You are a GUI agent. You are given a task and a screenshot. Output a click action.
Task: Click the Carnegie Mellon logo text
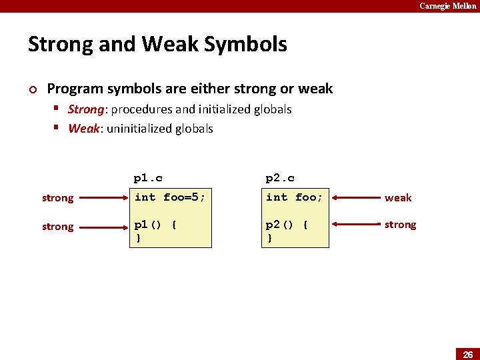click(x=447, y=6)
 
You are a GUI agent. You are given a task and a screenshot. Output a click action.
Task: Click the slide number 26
click(x=467, y=353)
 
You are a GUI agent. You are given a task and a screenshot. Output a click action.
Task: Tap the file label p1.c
click(x=148, y=178)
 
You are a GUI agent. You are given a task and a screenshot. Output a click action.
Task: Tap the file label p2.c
click(x=280, y=178)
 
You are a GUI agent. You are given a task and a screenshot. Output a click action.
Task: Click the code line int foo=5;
click(x=169, y=197)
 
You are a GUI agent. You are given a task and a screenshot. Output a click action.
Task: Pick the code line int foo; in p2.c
click(x=295, y=197)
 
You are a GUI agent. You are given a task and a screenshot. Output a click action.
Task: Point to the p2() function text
click(x=287, y=225)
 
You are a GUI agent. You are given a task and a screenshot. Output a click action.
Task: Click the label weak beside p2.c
click(x=398, y=198)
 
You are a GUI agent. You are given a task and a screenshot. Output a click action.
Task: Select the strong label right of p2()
click(x=400, y=225)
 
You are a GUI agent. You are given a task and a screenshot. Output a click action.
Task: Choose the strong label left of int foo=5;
click(x=57, y=198)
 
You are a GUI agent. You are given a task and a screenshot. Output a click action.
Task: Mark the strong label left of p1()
click(x=57, y=227)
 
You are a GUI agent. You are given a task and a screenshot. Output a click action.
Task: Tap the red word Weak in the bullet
click(x=83, y=129)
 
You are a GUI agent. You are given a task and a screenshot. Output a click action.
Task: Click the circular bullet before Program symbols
click(x=32, y=89)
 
